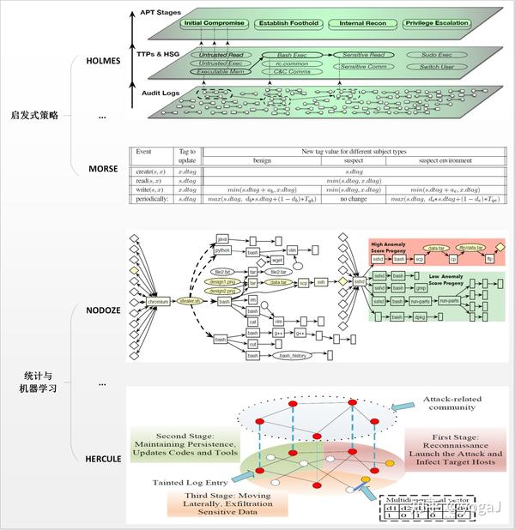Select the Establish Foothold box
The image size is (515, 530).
tap(288, 23)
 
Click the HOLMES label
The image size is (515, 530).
tap(106, 62)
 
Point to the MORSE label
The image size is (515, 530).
tap(103, 169)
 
